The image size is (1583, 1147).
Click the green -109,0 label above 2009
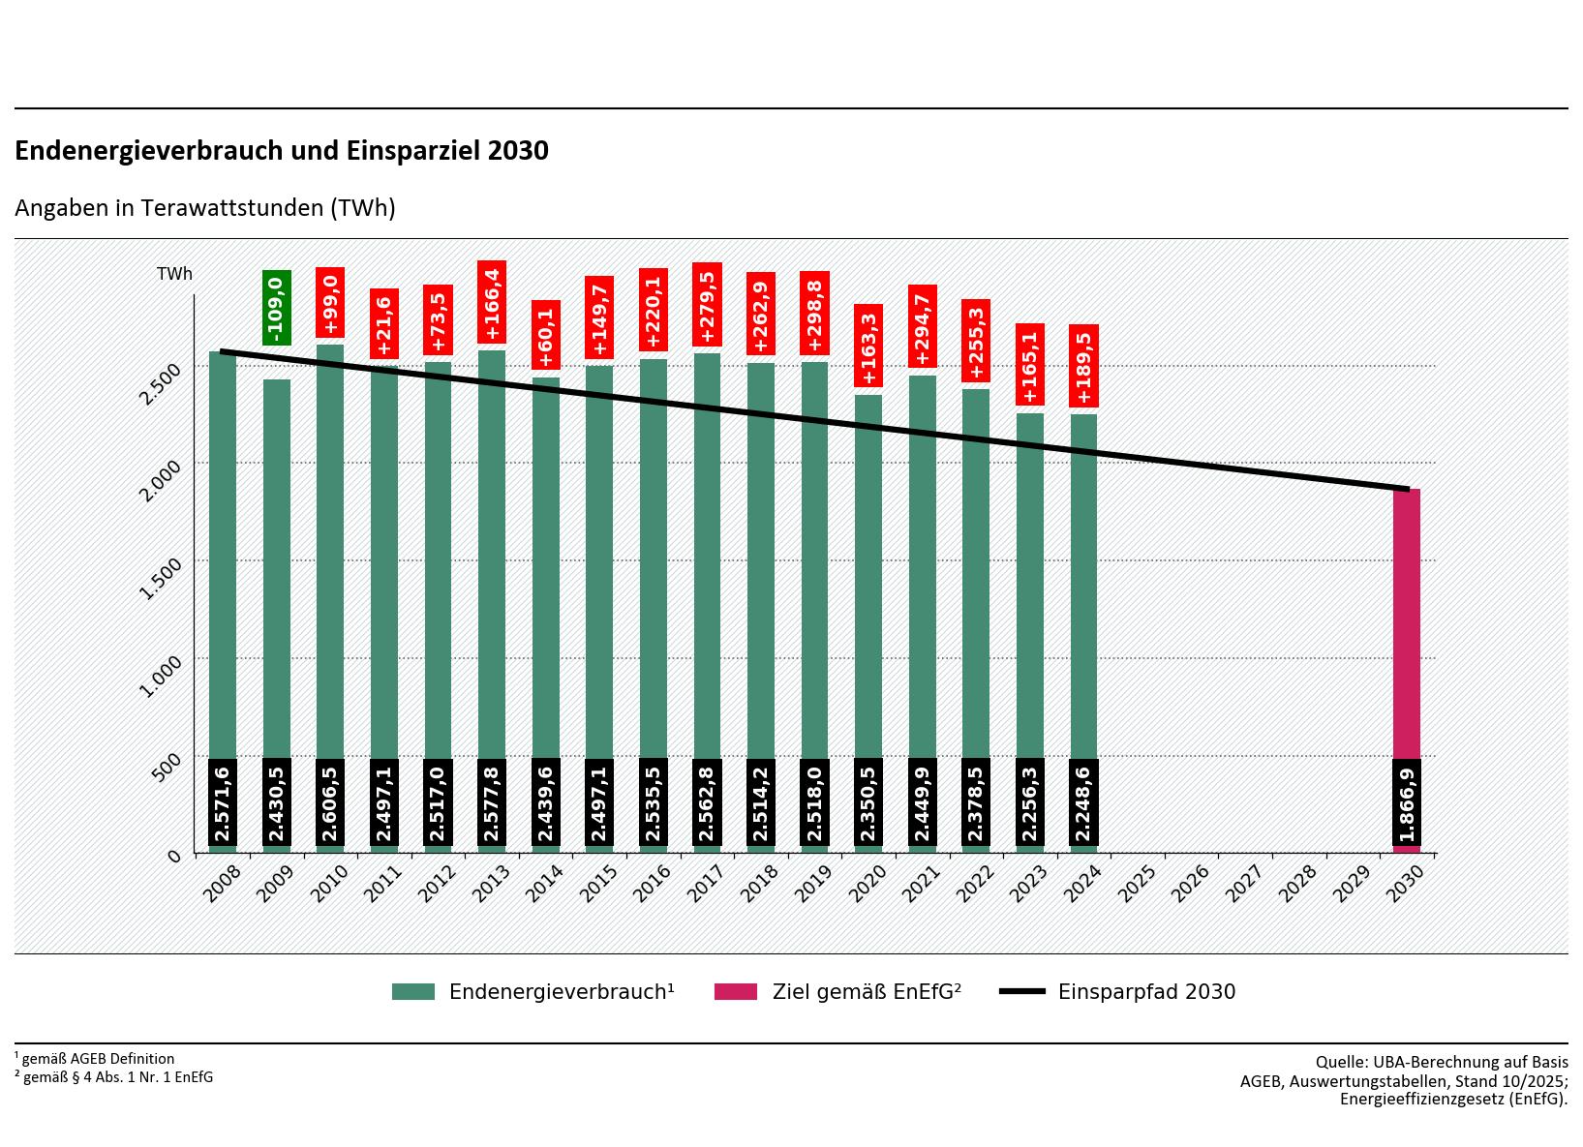click(x=277, y=308)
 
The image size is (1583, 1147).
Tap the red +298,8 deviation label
click(x=814, y=314)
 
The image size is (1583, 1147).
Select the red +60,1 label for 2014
click(x=546, y=335)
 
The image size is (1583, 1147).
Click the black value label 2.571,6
click(x=223, y=802)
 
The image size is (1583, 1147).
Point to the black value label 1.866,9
click(x=1407, y=802)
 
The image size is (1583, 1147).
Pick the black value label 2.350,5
click(x=868, y=802)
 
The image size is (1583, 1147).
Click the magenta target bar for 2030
click(x=1407, y=619)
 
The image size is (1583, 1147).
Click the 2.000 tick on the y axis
click(x=160, y=480)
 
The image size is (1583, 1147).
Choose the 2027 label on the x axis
click(x=1243, y=884)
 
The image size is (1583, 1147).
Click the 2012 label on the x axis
click(x=437, y=884)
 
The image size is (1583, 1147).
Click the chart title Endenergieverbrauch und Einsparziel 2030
click(x=282, y=151)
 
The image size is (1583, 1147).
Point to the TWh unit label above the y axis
click(x=175, y=274)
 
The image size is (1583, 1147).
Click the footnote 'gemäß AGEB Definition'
click(x=98, y=1059)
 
